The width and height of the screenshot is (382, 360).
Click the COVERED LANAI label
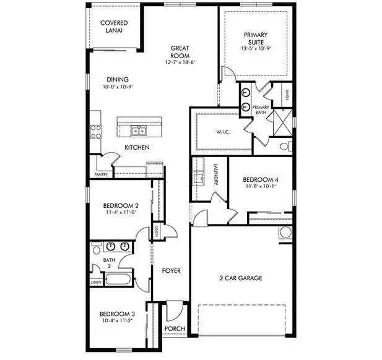114,27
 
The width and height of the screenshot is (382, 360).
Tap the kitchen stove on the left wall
96,131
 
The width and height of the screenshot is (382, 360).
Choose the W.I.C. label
224,131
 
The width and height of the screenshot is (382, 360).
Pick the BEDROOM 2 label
120,206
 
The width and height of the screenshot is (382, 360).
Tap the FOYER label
171,271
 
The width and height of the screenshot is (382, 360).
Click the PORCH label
175,329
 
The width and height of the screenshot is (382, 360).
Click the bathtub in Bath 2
118,278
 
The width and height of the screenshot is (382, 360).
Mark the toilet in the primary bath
285,147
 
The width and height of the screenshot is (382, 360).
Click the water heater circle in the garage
286,233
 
